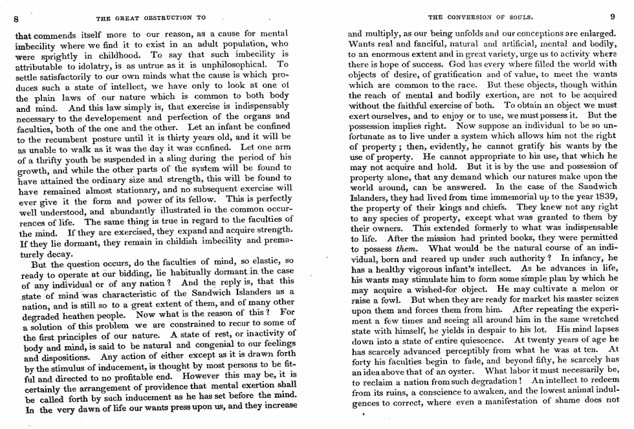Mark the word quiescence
coord(474,340)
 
